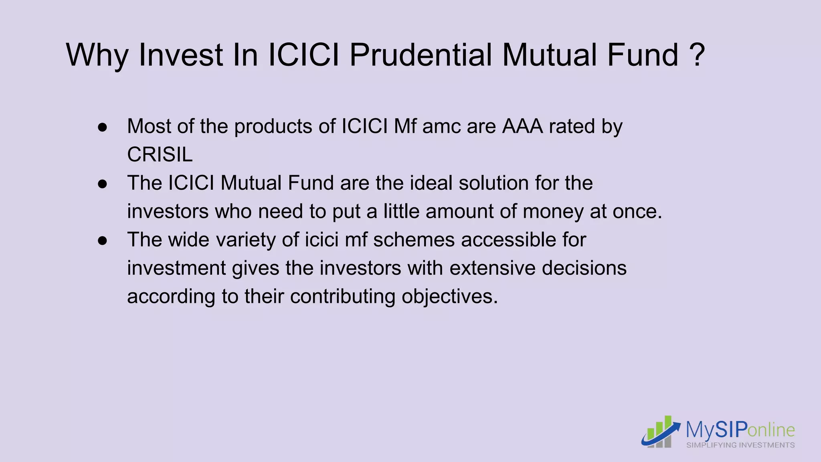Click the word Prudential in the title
[421, 55]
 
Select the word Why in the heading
[97, 55]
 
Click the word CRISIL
[160, 155]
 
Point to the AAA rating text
[523, 126]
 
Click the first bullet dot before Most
[103, 128]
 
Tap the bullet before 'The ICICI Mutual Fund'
[103, 184]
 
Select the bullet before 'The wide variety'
[103, 241]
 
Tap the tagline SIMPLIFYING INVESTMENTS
[740, 445]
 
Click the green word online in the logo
[771, 430]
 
